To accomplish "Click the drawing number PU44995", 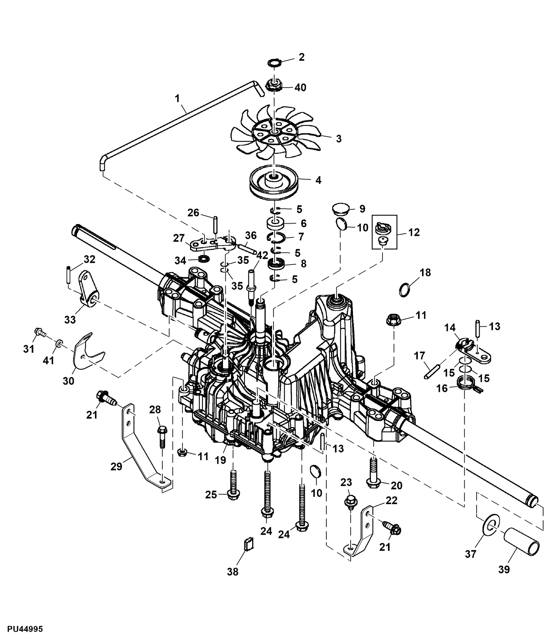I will (x=21, y=629).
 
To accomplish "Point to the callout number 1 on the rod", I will (x=177, y=98).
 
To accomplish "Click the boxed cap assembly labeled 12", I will (x=384, y=232).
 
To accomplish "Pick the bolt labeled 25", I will (x=233, y=486).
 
